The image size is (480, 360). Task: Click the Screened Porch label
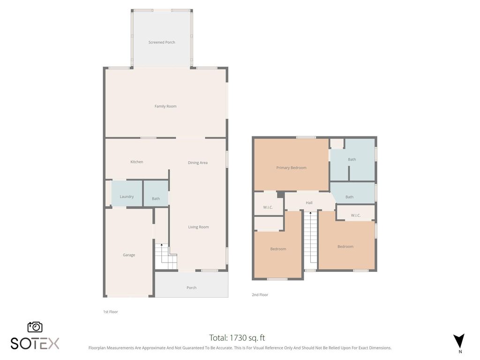pos(162,42)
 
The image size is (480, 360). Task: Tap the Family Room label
pos(165,106)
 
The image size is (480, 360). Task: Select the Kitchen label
pos(136,162)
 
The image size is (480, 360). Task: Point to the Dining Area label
pos(197,163)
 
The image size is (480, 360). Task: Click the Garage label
pos(129,255)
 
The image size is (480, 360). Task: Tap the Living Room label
pos(198,227)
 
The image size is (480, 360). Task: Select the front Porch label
pos(191,287)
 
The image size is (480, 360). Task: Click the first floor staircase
pos(166,257)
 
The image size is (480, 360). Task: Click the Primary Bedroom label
pos(291,167)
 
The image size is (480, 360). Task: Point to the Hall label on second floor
pos(309,202)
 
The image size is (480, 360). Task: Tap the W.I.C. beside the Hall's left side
pos(268,207)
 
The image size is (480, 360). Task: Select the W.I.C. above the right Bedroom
pos(355,215)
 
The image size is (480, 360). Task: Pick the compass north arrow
pos(459,341)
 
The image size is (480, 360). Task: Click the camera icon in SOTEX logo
pos(35,327)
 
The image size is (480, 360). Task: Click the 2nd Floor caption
pos(260,295)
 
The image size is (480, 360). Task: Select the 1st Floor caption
pos(111,311)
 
